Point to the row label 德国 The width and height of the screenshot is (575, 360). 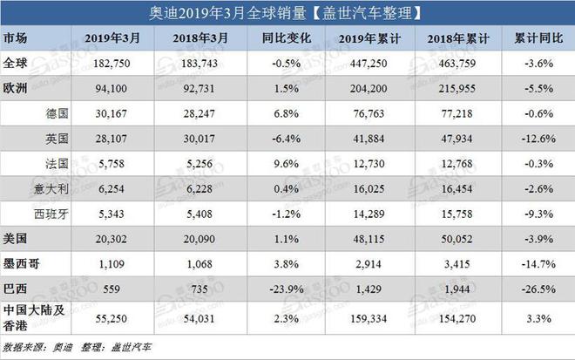pos(55,112)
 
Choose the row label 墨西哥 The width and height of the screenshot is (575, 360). pos(21,262)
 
